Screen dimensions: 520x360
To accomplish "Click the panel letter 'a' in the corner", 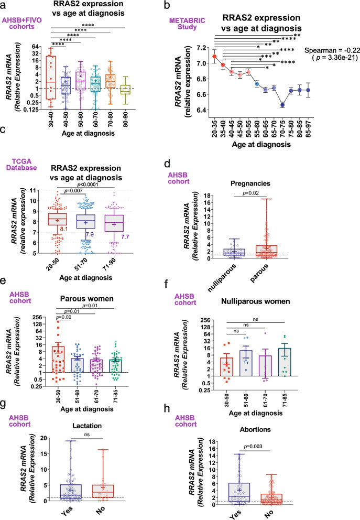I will pos(4,5).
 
